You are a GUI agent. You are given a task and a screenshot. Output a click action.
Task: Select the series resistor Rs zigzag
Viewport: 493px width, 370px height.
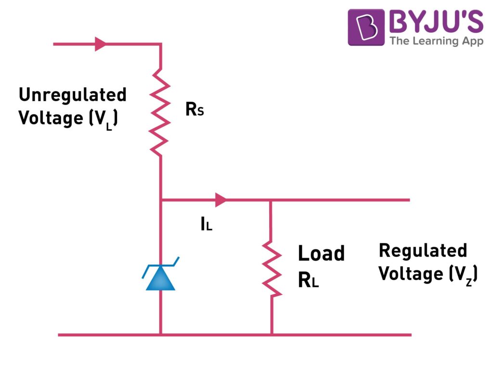click(161, 111)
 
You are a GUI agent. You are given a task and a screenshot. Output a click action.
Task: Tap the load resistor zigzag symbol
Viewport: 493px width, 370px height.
click(271, 268)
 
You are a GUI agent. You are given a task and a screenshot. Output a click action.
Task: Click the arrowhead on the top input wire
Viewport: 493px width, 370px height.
click(101, 44)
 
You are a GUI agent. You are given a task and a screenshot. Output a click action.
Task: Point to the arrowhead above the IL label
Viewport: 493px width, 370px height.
click(221, 199)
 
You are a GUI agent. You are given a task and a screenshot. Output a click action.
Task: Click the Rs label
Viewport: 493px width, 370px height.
click(195, 111)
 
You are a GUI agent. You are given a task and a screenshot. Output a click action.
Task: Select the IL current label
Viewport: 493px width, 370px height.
click(206, 224)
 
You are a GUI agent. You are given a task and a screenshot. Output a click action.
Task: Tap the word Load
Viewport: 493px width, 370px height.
click(321, 253)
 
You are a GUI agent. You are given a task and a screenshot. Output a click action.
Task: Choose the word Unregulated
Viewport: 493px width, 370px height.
click(72, 95)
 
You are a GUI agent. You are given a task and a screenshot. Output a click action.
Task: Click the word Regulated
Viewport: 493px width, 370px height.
click(423, 251)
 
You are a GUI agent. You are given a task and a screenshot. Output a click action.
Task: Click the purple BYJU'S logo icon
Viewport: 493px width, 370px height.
click(366, 27)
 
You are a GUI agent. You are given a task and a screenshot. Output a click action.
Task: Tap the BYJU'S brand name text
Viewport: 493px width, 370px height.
click(436, 22)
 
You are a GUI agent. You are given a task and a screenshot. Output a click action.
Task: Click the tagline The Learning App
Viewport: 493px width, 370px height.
click(436, 41)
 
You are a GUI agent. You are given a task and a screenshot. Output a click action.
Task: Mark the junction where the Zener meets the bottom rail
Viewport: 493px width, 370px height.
click(160, 334)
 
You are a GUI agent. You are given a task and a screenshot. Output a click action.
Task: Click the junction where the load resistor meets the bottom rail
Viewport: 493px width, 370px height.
click(271, 334)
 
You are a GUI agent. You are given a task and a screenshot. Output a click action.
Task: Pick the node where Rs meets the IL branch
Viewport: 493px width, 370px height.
click(161, 199)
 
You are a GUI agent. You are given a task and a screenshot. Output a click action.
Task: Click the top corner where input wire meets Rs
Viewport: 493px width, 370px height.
click(160, 44)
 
